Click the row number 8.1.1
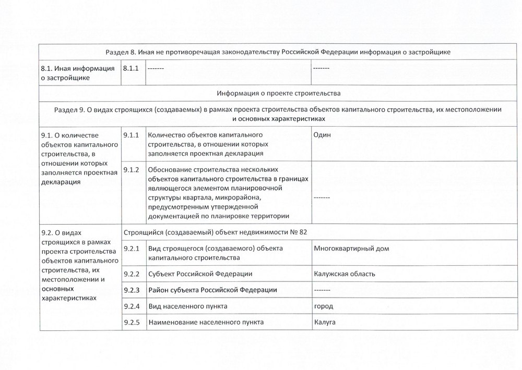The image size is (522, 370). tap(131, 68)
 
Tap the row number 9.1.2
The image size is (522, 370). tap(131, 169)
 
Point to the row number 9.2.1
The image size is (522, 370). tap(131, 249)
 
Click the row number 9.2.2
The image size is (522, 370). tap(131, 274)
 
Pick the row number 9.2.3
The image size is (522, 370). tap(131, 290)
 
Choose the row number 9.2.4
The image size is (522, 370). tap(131, 306)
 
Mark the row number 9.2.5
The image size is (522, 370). tap(131, 322)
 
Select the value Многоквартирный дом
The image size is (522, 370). tap(351, 249)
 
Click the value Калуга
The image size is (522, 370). tap(325, 322)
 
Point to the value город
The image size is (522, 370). tap(324, 306)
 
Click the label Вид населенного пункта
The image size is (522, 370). tap(188, 306)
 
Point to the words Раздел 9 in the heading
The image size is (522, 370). tap(68, 110)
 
